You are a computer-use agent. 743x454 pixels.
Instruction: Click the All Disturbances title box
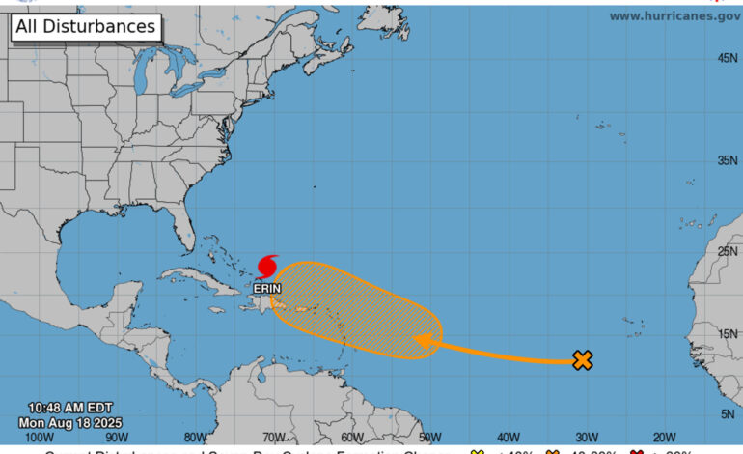(x=85, y=27)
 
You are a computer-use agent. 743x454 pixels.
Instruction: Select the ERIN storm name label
(x=267, y=288)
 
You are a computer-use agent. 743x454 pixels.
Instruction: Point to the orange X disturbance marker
(x=582, y=360)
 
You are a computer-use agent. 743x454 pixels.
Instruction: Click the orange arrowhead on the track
(x=422, y=340)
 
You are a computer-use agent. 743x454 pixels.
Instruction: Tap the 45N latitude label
(x=728, y=58)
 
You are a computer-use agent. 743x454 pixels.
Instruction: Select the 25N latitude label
(x=728, y=251)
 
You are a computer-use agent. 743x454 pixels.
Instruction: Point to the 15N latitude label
(x=728, y=333)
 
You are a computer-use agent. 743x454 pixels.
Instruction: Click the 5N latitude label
(x=730, y=413)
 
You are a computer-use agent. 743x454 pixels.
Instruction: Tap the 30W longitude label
(x=586, y=438)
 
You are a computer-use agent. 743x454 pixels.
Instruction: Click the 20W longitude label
(x=664, y=438)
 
